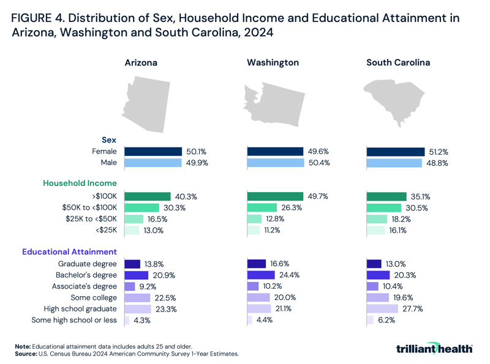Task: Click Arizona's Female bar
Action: pos(153,152)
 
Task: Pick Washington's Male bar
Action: pos(275,163)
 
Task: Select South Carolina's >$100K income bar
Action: pos(386,196)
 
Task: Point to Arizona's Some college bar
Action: pos(137,297)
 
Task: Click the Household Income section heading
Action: pos(80,183)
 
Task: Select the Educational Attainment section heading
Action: pos(69,251)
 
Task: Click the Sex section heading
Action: pos(108,139)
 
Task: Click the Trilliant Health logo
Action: pos(434,348)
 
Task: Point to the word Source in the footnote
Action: pos(26,354)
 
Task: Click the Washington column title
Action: pos(273,62)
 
